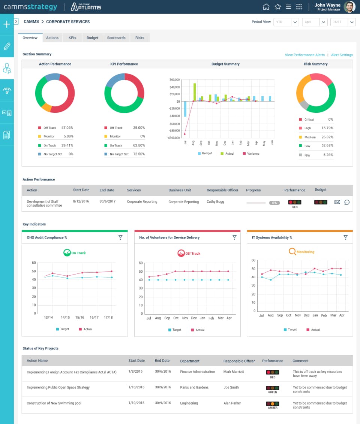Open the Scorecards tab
pyautogui.click(x=116, y=38)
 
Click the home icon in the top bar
pyautogui.click(x=266, y=7)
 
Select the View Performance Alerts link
pyautogui.click(x=304, y=55)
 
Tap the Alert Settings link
pyautogui.click(x=342, y=55)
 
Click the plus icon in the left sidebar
pyautogui.click(x=7, y=24)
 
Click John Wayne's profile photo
pyautogui.click(x=349, y=7)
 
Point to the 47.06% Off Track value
pyautogui.click(x=67, y=128)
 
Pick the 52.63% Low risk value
pyautogui.click(x=327, y=145)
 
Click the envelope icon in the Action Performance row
pyautogui.click(x=337, y=202)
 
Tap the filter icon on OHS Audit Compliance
pyautogui.click(x=120, y=237)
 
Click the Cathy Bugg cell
pyautogui.click(x=216, y=202)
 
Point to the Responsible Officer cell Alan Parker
pyautogui.click(x=232, y=403)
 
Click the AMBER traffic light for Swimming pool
pyautogui.click(x=273, y=404)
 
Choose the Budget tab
pyautogui.click(x=92, y=38)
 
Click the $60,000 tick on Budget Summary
pyautogui.click(x=175, y=80)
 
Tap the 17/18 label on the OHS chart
pyautogui.click(x=108, y=318)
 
